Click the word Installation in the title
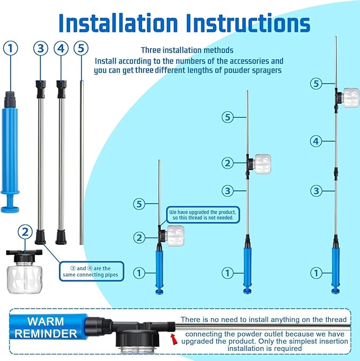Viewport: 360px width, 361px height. coord(118,23)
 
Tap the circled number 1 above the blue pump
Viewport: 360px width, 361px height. coord(11,48)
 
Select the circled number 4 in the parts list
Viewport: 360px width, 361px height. coord(61,48)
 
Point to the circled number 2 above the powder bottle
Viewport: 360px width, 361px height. coord(25,232)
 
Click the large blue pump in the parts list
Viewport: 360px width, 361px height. coord(10,152)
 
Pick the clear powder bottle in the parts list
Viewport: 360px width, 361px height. coord(24,271)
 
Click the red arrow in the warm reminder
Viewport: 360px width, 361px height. coord(174,339)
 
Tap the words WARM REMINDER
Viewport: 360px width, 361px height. coord(46,328)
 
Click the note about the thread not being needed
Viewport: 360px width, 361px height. coord(203,215)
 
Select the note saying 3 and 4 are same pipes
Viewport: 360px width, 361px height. coord(91,271)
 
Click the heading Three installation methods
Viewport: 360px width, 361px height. coord(187,50)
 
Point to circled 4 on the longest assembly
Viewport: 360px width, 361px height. coord(316,141)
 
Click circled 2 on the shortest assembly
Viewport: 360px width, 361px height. coord(139,237)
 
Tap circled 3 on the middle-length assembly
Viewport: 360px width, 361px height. coord(227,191)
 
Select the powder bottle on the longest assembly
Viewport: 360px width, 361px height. coord(350,98)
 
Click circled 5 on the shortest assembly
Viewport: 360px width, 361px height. coord(139,204)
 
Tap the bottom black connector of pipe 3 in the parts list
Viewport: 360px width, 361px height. coord(40,237)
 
